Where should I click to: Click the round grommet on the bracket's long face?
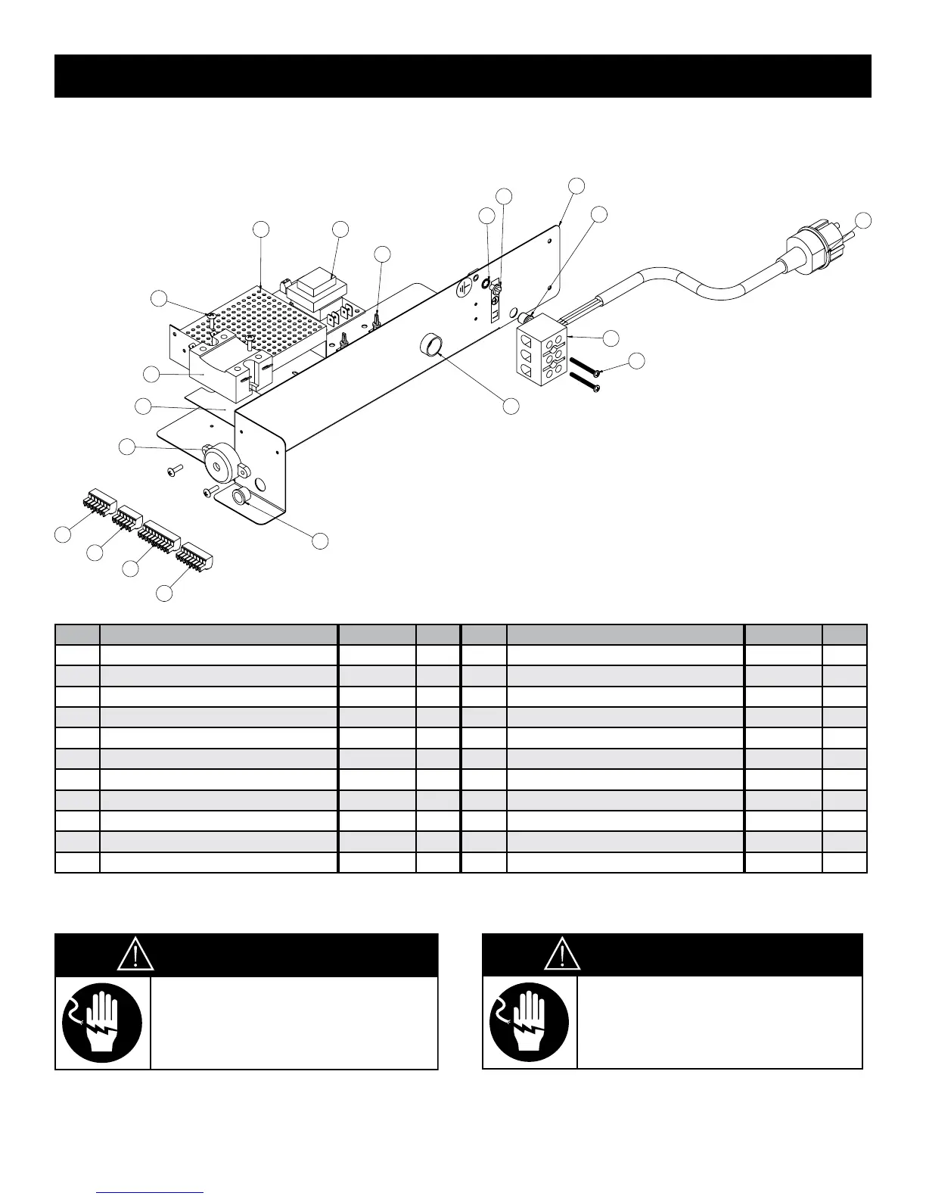pos(432,347)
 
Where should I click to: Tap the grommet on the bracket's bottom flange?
pos(241,497)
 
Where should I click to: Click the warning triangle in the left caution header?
pos(136,955)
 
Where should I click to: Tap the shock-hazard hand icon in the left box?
pos(102,1023)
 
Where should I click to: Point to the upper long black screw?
pos(585,366)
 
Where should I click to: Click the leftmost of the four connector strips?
pos(95,503)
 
